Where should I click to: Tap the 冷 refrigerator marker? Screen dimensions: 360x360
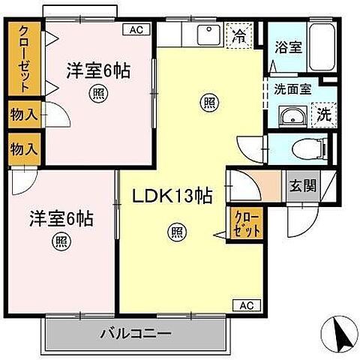tap(238, 34)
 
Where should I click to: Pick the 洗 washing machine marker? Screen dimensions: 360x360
tap(323, 114)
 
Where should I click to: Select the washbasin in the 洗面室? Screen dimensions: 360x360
tap(289, 115)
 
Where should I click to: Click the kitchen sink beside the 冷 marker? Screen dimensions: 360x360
tap(204, 34)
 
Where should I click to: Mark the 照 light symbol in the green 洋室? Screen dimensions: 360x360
tap(59, 241)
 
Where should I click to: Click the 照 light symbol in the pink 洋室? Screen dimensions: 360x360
tap(97, 93)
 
